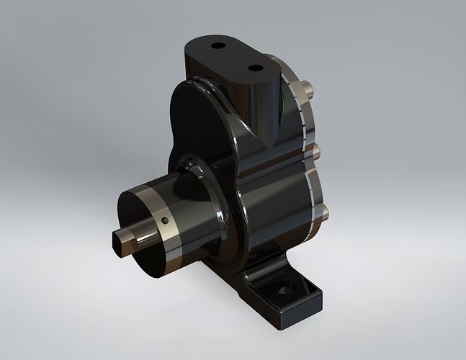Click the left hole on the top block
218,45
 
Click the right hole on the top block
255,68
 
